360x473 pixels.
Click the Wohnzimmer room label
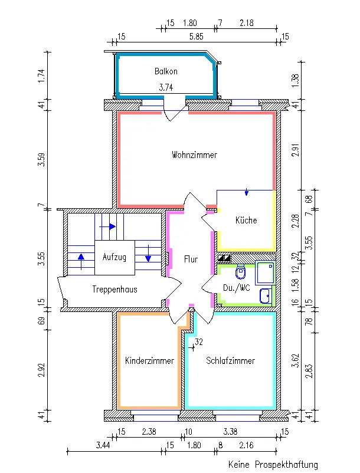coord(194,155)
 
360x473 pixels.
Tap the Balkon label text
coord(166,71)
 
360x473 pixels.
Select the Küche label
coord(246,220)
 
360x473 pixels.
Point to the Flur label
coord(191,259)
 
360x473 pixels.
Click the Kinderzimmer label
coord(149,360)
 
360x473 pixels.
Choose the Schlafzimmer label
coord(231,360)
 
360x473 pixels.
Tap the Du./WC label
coord(237,288)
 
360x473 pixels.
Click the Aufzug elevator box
coord(114,257)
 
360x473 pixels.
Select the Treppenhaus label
coord(114,290)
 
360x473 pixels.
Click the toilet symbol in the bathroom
coord(240,271)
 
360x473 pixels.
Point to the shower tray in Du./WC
coord(265,272)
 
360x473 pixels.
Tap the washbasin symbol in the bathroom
coord(265,296)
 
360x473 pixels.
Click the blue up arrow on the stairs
coord(81,261)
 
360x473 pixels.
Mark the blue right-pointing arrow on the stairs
coord(108,226)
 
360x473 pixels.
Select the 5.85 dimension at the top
coord(196,37)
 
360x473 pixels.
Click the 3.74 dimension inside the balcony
coord(166,87)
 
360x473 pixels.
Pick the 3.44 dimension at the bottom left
coord(103,445)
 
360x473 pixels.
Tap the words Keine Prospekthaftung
coord(273,464)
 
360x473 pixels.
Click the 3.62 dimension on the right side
coord(296,360)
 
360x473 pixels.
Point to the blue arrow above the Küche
coord(247,192)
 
